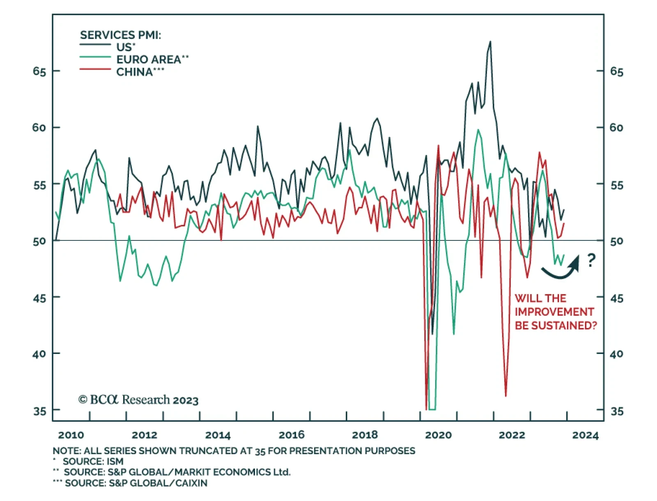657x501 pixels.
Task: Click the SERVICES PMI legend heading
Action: click(x=120, y=35)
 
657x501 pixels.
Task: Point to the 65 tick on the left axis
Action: click(x=39, y=72)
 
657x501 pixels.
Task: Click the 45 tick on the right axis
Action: click(x=616, y=298)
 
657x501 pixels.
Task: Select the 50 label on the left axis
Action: click(x=39, y=241)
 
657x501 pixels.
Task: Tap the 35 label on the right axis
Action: click(x=616, y=411)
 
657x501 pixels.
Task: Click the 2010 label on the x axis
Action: click(x=71, y=435)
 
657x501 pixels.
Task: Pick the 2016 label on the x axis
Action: click(x=292, y=435)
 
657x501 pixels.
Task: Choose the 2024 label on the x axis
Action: click(x=585, y=435)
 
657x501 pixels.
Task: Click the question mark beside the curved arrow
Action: click(x=591, y=260)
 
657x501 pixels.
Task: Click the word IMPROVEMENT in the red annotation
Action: click(x=554, y=312)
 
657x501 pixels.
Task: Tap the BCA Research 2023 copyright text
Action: click(x=138, y=399)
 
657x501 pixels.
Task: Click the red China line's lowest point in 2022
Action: click(x=505, y=395)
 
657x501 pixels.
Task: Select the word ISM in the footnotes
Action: click(x=115, y=462)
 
